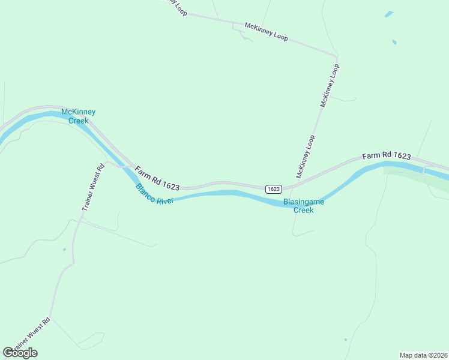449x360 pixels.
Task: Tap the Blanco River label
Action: click(x=154, y=194)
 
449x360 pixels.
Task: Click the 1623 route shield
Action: click(x=273, y=188)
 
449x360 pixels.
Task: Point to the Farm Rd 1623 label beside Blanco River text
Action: click(x=157, y=179)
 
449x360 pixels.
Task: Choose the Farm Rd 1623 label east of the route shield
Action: click(x=387, y=156)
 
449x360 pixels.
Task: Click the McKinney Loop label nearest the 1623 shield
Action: click(x=306, y=157)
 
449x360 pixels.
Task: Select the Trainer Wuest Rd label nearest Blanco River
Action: click(x=93, y=187)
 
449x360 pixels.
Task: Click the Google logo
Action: click(x=20, y=353)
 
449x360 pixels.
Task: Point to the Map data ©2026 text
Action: click(x=423, y=355)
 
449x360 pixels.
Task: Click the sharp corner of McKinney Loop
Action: click(x=337, y=56)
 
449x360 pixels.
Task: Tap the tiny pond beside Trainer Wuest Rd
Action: click(x=64, y=249)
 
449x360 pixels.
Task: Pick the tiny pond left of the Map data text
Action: click(x=345, y=340)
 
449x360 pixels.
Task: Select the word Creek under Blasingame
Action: click(x=303, y=210)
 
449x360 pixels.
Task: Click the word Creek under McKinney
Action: click(x=78, y=121)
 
